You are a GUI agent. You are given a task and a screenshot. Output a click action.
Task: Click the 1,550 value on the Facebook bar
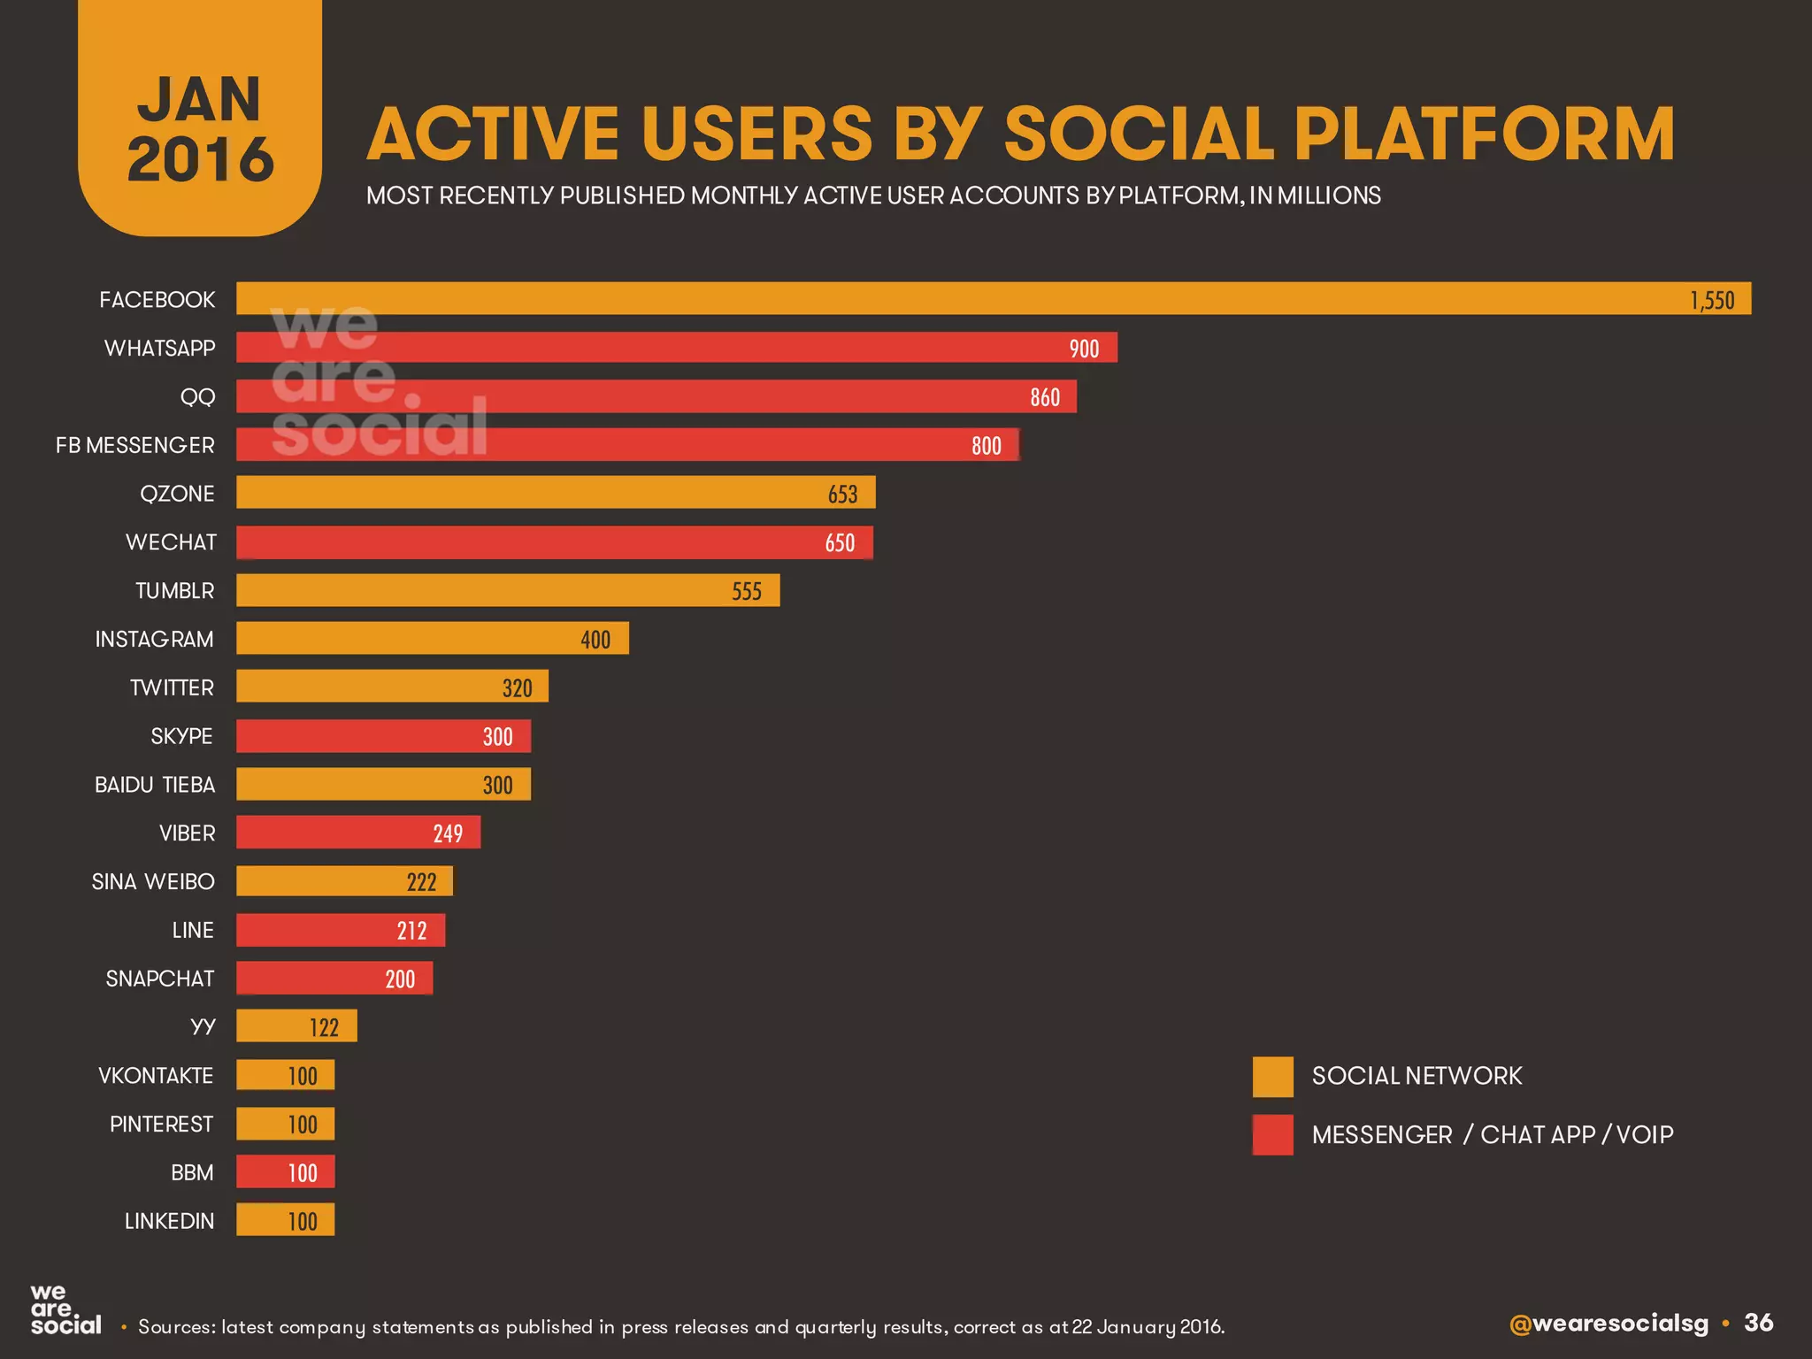pos(1712,300)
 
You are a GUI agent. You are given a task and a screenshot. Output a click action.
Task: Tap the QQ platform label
pos(197,396)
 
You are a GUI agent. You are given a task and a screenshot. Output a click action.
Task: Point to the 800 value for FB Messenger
pos(987,445)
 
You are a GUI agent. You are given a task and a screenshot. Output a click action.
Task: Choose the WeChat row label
pos(171,542)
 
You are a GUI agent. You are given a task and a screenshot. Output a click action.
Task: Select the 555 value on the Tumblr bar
pos(747,591)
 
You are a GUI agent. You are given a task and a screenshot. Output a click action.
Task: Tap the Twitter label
pos(172,687)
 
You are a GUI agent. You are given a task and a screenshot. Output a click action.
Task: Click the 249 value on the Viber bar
pos(448,833)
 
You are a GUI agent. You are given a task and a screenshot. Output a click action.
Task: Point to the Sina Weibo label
pos(153,881)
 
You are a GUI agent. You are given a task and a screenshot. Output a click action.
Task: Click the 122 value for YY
pos(324,1027)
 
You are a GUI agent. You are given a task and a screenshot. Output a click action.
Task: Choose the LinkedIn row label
pos(169,1221)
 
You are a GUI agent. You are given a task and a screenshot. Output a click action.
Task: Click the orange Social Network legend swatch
pos(1272,1077)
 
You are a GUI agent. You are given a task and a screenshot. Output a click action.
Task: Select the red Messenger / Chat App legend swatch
pos(1272,1135)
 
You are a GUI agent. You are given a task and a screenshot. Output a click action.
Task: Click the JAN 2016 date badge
pos(200,128)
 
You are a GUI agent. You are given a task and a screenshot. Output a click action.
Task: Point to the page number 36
pos(1758,1323)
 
